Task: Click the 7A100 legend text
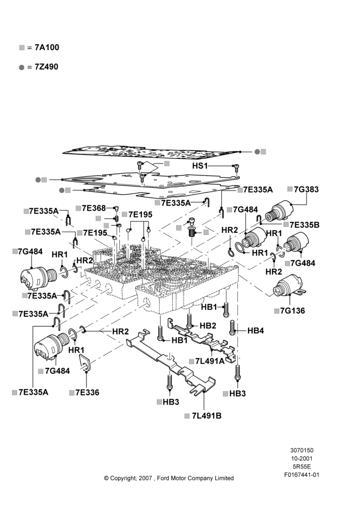(47, 47)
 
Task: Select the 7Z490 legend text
(47, 67)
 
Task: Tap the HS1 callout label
(200, 166)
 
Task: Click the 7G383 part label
(306, 189)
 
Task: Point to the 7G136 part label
(292, 311)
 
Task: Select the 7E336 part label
(87, 392)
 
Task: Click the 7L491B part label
(206, 416)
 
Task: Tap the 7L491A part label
(210, 361)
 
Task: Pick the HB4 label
(256, 331)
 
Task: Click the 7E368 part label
(94, 208)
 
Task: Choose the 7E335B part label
(305, 225)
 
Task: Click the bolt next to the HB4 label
(232, 328)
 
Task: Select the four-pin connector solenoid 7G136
(289, 286)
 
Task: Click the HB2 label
(208, 326)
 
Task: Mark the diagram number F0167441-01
(302, 474)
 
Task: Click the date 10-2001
(302, 458)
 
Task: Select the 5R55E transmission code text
(302, 466)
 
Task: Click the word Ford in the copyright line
(163, 478)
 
